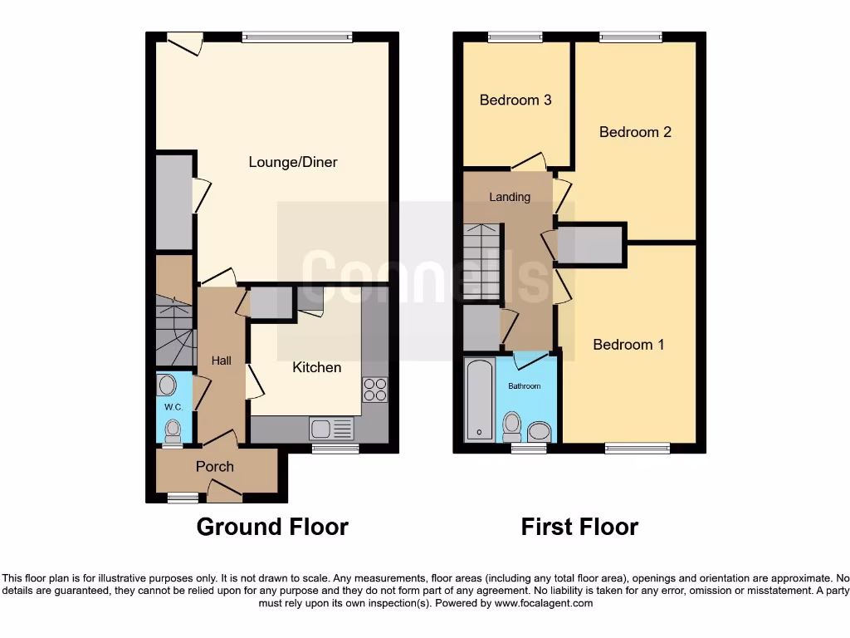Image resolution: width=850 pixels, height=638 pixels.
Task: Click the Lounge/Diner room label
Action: [293, 162]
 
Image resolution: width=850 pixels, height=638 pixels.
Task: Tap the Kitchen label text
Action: [316, 367]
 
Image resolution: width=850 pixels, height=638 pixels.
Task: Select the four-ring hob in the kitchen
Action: [374, 389]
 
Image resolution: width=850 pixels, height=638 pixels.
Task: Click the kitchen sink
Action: [331, 429]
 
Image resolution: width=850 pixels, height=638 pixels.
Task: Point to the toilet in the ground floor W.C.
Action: [173, 430]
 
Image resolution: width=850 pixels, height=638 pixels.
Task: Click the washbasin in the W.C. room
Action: [167, 385]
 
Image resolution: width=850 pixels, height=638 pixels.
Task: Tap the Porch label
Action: [214, 467]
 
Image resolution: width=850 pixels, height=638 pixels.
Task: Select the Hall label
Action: [221, 361]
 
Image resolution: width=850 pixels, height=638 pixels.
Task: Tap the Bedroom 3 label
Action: [515, 100]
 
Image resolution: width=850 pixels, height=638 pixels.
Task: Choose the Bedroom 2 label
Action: [635, 131]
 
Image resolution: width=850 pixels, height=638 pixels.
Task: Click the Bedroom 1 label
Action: [628, 344]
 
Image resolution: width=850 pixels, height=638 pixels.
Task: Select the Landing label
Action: [510, 197]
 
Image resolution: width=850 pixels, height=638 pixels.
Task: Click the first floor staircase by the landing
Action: [482, 263]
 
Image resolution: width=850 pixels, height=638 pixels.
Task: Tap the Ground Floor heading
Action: [272, 527]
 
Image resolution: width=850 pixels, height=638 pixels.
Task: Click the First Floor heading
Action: [579, 527]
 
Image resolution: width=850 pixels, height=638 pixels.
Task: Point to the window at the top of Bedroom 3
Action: [515, 37]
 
